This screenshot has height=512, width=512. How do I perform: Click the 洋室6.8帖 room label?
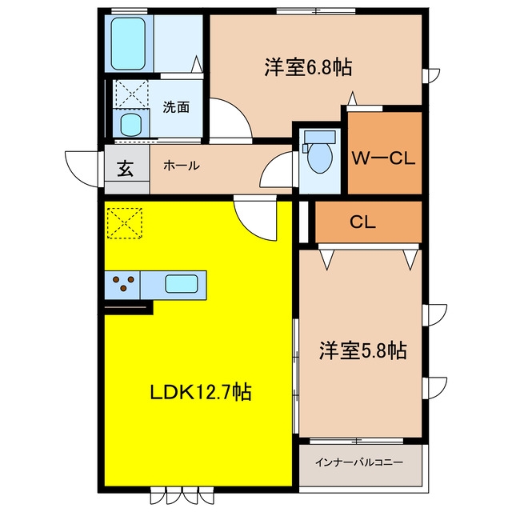click(308, 67)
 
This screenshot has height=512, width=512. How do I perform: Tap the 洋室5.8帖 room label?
click(362, 350)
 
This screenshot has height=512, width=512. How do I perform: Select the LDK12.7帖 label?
click(201, 392)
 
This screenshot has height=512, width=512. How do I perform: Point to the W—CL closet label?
click(383, 158)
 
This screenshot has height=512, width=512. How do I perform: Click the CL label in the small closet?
click(362, 222)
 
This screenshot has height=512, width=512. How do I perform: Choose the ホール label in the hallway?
click(182, 166)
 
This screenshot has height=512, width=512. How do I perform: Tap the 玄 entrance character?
click(126, 168)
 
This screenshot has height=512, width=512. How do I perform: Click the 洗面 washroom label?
click(176, 106)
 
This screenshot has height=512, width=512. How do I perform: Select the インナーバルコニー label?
click(358, 462)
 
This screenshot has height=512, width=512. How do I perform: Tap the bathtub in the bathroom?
click(128, 43)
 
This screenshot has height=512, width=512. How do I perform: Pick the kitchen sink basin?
click(182, 284)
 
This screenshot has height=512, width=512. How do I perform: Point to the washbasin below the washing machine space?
click(130, 124)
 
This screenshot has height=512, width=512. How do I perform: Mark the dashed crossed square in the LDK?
click(125, 223)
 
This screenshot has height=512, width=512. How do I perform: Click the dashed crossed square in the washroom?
click(132, 94)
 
